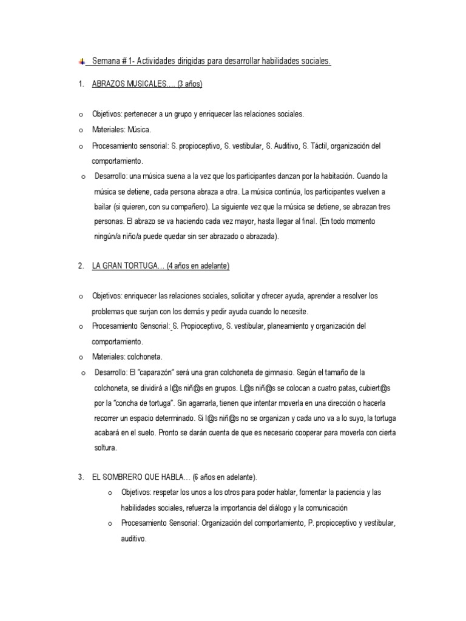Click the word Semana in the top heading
pos(105,61)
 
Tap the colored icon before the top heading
pos(81,61)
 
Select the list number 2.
pos(81,266)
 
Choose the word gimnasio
pos(271,372)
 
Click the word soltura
pos(104,448)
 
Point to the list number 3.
pos(81,477)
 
